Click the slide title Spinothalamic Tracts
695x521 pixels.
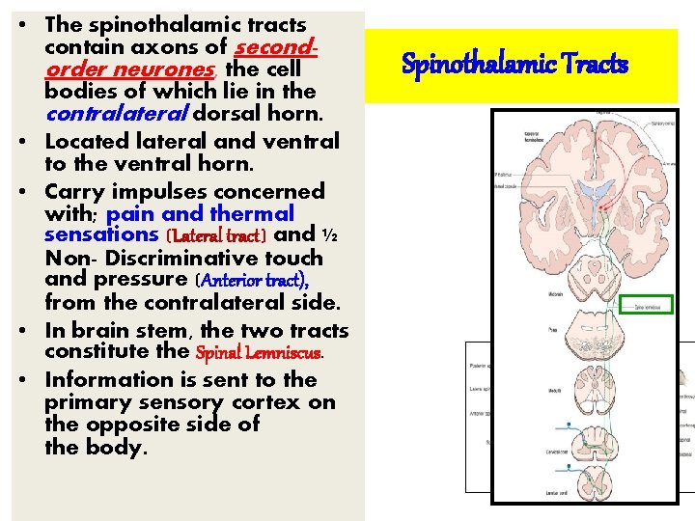click(514, 66)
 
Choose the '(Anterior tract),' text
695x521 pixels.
click(253, 280)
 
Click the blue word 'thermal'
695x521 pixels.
click(252, 213)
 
